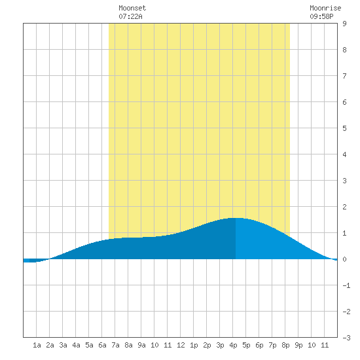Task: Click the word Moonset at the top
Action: tap(132, 8)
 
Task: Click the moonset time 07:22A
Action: tap(130, 16)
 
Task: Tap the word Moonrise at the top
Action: tap(325, 8)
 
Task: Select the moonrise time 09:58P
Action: tap(321, 16)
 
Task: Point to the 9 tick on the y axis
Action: tap(344, 24)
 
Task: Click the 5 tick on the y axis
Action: tap(344, 128)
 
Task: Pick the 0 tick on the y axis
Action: tap(344, 259)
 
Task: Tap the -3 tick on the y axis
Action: tap(346, 338)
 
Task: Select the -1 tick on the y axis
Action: tap(346, 285)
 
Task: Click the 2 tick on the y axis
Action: tap(344, 207)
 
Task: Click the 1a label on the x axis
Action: tap(37, 345)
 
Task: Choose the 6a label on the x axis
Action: tap(102, 345)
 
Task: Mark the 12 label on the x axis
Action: tap(181, 345)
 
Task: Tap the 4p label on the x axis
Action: tap(233, 345)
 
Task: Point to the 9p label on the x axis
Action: tap(298, 345)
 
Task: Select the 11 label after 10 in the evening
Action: tap(325, 345)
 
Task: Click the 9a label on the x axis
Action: tap(141, 345)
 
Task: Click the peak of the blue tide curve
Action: tap(236, 218)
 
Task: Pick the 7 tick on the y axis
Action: tap(344, 76)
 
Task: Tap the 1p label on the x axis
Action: tap(194, 345)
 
